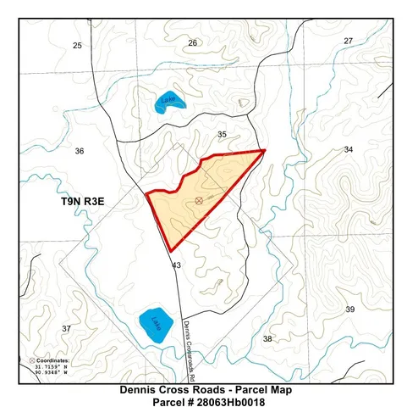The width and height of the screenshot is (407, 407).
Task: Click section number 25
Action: (x=77, y=44)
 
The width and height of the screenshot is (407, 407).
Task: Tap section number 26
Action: (x=192, y=42)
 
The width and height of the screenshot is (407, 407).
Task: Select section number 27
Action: (x=348, y=41)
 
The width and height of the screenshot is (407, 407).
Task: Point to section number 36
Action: (x=80, y=151)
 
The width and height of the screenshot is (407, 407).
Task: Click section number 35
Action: (x=222, y=135)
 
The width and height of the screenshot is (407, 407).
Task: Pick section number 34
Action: (x=348, y=149)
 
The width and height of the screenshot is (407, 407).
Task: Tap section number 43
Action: (x=177, y=265)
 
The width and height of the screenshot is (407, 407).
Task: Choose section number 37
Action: (x=67, y=328)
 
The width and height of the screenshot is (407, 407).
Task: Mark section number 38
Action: (x=267, y=338)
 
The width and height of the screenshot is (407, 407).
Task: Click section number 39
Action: (x=349, y=309)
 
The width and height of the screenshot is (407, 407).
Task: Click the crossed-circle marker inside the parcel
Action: (x=199, y=200)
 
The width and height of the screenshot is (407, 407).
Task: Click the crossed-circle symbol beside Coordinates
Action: (x=32, y=360)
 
